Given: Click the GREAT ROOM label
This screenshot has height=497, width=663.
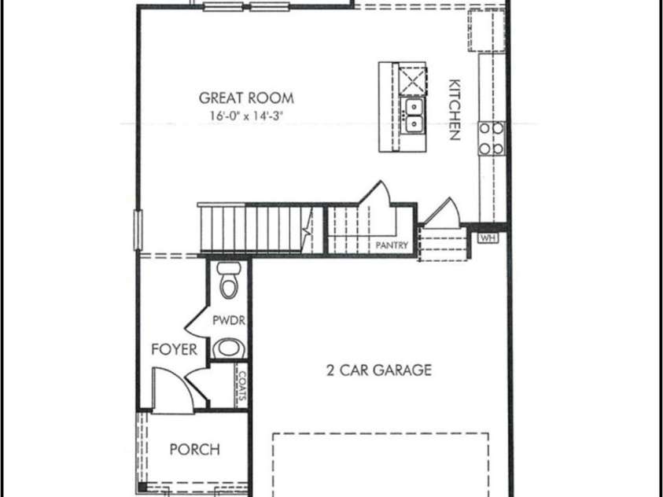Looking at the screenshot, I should tap(246, 98).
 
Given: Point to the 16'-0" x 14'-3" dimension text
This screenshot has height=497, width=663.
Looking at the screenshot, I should tap(246, 116).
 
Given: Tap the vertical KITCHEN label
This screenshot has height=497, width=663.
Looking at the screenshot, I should tap(454, 109).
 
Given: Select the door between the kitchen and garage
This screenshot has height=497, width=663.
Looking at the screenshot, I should tap(440, 212).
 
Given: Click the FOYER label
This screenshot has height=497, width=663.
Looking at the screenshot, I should tap(174, 350).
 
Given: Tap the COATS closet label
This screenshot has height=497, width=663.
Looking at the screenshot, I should tap(241, 386).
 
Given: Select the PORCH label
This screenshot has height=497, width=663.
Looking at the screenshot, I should tap(195, 450).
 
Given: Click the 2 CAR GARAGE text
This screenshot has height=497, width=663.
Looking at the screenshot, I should tap(379, 370).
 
